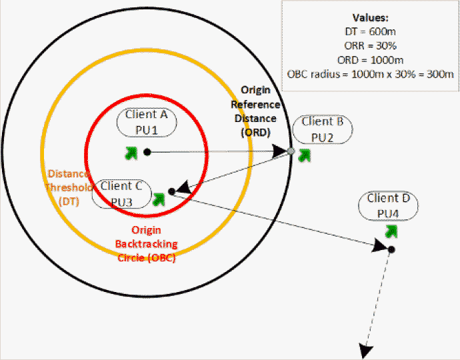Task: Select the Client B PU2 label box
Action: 322,129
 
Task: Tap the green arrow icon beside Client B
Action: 305,155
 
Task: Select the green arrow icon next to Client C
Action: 159,198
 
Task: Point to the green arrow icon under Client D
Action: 390,231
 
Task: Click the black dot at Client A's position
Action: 147,152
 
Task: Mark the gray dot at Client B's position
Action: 291,152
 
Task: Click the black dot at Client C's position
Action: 171,191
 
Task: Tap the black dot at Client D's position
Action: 391,249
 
